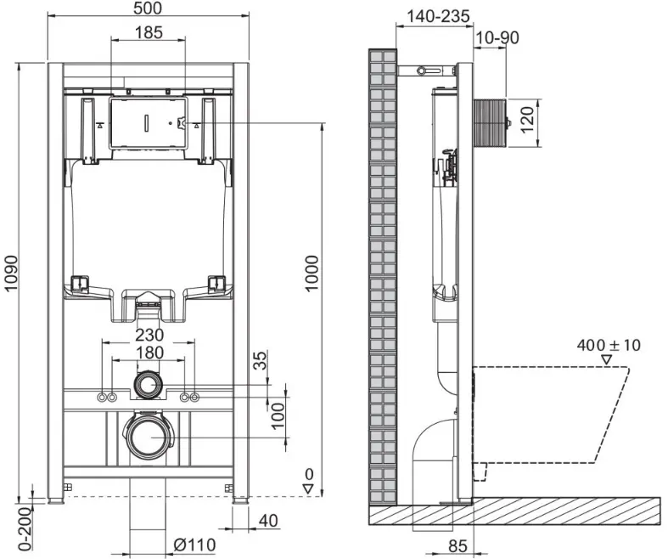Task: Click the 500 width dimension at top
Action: click(148, 8)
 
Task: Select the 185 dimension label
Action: click(149, 32)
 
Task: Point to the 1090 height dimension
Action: click(11, 274)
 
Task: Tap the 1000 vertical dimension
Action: click(312, 274)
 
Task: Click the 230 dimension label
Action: click(149, 335)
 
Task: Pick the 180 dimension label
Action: click(149, 353)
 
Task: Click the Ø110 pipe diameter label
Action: click(194, 545)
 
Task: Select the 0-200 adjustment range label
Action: click(25, 528)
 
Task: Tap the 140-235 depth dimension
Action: click(438, 17)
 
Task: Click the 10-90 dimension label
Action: click(497, 38)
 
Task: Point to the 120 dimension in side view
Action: click(527, 121)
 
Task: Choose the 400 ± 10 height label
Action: click(609, 345)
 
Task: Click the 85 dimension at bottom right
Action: click(458, 545)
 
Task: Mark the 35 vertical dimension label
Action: click(261, 360)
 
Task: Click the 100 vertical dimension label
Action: click(278, 416)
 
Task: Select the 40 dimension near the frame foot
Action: click(268, 521)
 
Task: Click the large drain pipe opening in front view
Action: click(149, 438)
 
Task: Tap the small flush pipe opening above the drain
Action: click(149, 385)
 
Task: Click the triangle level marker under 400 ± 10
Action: click(606, 360)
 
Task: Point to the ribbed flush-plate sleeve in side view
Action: click(490, 123)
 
